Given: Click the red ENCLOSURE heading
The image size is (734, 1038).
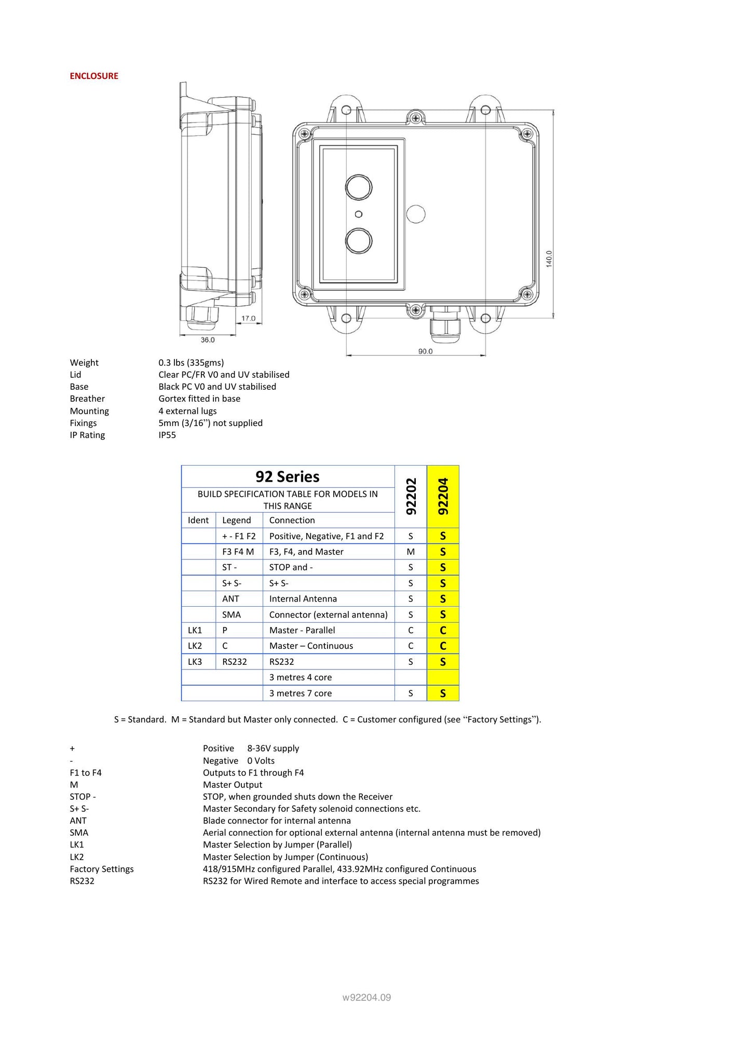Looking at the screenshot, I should coord(94,76).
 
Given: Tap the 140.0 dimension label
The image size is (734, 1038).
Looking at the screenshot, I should coord(549,258).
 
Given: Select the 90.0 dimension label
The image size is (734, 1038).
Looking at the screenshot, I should coord(425,351).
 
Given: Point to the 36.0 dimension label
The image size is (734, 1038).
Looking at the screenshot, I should coord(208,340).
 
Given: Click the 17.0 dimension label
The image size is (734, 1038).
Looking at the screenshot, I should coord(248,318).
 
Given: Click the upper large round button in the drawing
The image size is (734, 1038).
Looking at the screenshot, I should coord(359,187).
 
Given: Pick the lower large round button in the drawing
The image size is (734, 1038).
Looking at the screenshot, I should coord(359,241).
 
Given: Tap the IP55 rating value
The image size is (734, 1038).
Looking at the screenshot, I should coord(167,435).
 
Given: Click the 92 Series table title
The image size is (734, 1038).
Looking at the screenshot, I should coord(287,476).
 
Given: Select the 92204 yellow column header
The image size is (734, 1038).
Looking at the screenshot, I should coord(443,496).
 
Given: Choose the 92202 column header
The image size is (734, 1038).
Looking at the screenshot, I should coord(411,496).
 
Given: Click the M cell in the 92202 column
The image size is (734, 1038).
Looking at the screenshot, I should coord(411,552).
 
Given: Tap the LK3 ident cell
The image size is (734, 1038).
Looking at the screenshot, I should coord(195,662).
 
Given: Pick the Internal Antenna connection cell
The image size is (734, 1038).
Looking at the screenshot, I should coord(303,599).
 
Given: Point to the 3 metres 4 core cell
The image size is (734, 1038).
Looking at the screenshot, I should coord(300,677).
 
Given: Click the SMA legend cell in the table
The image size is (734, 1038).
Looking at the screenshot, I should coord(232,614).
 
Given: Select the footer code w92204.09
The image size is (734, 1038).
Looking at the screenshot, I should coord(366,998).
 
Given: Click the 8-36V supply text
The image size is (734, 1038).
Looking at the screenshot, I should coord(273,748).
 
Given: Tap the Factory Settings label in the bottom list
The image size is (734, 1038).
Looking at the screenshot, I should coord(102,869).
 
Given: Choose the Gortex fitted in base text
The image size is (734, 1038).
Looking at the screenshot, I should coord(199,399).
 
